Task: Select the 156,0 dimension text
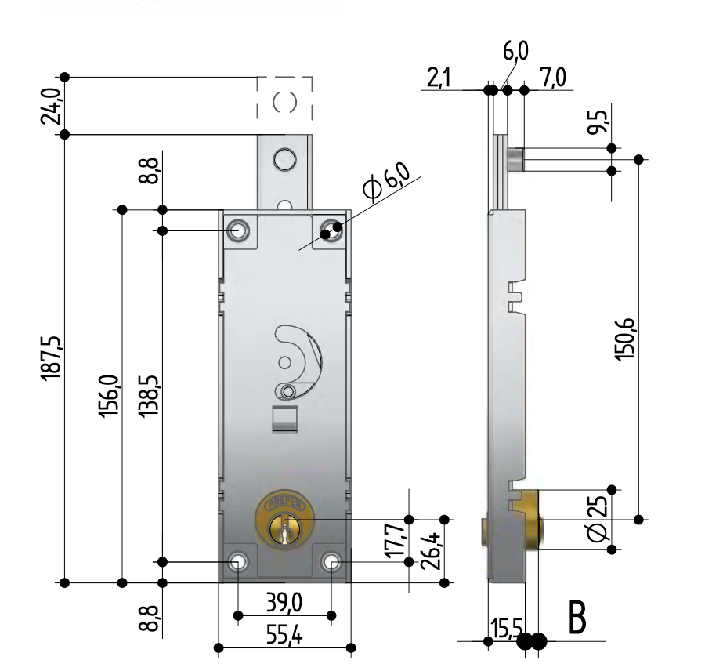tap(110, 396)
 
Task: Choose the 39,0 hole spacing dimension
tap(284, 604)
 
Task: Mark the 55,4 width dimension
tap(284, 636)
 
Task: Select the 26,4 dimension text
tap(431, 551)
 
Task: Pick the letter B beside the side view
tap(577, 617)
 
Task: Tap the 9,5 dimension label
tap(600, 123)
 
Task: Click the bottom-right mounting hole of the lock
tap(332, 561)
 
